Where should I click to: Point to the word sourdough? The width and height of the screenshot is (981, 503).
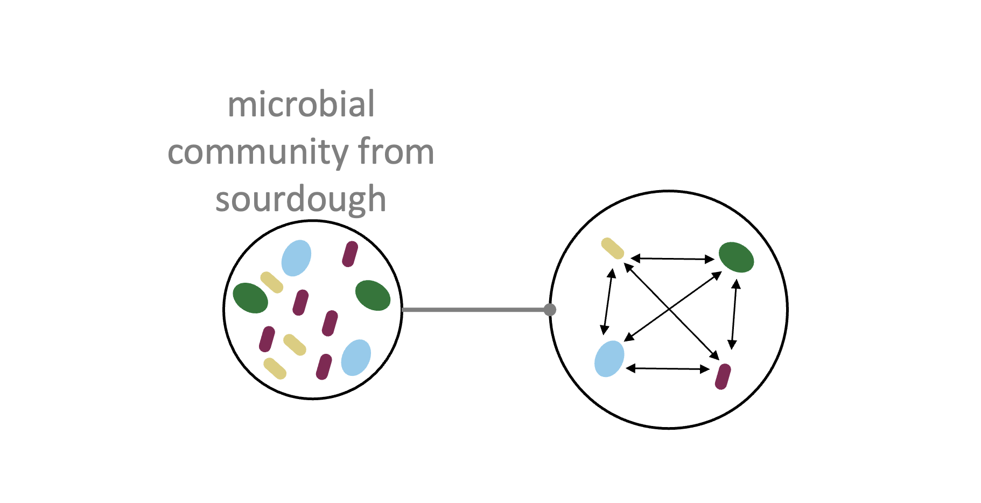300,199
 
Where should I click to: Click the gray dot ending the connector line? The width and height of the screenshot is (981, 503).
550,310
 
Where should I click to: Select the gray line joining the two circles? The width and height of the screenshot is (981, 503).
474,310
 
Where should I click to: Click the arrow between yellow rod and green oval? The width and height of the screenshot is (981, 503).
672,259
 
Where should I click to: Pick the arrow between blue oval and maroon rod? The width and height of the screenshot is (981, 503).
668,368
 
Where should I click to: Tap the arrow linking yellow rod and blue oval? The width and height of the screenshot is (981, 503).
608,302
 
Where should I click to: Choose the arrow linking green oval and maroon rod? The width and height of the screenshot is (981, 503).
734,315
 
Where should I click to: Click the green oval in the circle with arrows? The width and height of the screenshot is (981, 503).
736,257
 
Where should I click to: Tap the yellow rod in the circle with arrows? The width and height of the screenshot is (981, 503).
612,248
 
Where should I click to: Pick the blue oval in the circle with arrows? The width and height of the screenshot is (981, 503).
609,359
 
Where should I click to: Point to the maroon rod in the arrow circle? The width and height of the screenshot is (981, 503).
723,376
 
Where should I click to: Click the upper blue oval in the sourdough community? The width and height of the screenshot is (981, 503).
296,258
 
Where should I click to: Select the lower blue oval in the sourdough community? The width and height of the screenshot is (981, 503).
356,357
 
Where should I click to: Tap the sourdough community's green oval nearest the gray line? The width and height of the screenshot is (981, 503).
373,295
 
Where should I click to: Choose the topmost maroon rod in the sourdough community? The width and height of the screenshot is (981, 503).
350,254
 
